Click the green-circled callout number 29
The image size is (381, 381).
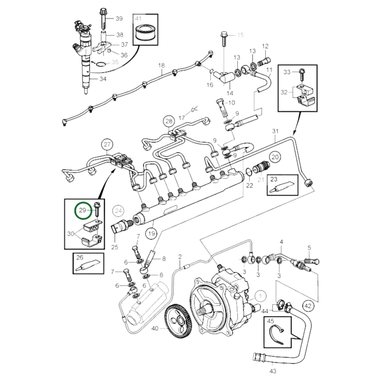point(83,210)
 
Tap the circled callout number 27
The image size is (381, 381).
point(107,144)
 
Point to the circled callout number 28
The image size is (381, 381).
point(169,121)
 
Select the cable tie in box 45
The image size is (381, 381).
point(277,334)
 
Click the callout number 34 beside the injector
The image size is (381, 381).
point(103,79)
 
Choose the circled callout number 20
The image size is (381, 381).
point(275,157)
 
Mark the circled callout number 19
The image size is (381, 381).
point(151,233)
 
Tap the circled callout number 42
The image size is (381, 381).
point(308,306)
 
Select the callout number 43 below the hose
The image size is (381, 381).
point(273,371)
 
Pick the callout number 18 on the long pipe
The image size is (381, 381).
point(161,65)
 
